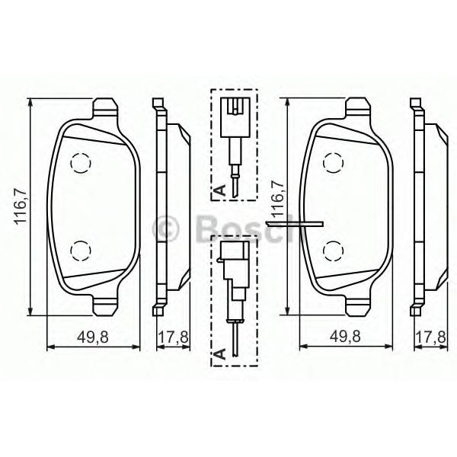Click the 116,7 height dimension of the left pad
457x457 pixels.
click(x=21, y=206)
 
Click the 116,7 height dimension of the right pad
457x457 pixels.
click(x=277, y=199)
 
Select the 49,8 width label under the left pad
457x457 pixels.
click(x=93, y=337)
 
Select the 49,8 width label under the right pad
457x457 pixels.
click(x=345, y=337)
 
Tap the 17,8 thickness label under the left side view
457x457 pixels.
click(x=173, y=337)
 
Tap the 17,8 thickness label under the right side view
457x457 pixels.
click(x=431, y=337)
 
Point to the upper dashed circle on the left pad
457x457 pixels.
click(x=81, y=163)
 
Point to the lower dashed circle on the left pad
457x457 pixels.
click(x=81, y=251)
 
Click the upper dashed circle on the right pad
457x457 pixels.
click(x=334, y=163)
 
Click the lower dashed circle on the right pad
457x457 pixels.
click(x=334, y=251)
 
